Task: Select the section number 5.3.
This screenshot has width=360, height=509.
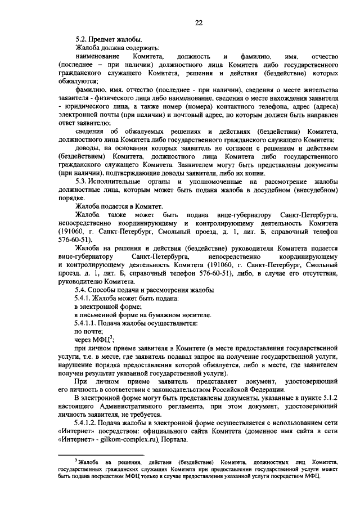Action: [83, 182]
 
